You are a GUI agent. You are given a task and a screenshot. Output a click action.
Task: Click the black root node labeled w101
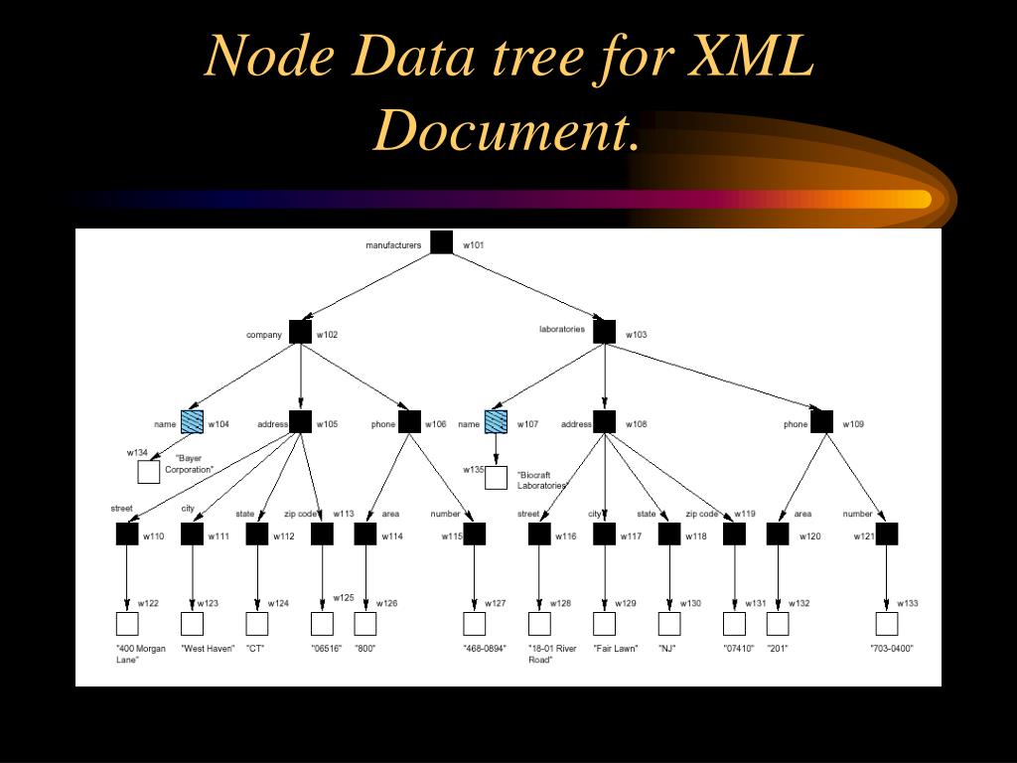coord(442,242)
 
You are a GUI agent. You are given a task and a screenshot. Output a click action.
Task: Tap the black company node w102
coord(300,332)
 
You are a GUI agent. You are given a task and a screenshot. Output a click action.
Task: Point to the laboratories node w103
coord(604,332)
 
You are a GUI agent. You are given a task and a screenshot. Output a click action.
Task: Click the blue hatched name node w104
coord(193,422)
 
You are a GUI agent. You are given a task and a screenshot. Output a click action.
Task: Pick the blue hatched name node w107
coord(496,422)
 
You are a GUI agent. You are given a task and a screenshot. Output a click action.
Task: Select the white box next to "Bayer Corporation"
coord(149,472)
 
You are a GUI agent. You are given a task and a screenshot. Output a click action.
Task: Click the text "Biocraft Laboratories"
coord(542,481)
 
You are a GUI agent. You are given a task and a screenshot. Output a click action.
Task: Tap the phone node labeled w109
coord(821,422)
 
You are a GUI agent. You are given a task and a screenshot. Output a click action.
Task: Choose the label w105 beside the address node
coord(327,425)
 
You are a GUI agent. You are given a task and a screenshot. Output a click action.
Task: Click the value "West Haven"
coord(208,649)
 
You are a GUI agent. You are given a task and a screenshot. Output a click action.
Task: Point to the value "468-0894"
coord(484,649)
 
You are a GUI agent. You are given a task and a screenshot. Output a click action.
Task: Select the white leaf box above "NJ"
coord(669,624)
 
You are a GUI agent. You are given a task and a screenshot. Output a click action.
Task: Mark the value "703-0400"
coord(891,649)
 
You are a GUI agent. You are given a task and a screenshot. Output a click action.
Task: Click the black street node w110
coord(127,534)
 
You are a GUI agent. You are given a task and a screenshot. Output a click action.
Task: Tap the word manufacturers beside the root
coord(393,245)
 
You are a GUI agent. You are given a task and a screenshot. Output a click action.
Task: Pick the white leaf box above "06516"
coord(322,624)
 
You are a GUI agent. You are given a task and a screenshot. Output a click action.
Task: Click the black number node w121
coord(886,534)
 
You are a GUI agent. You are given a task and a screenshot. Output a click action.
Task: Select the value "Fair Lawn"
coord(615,649)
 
